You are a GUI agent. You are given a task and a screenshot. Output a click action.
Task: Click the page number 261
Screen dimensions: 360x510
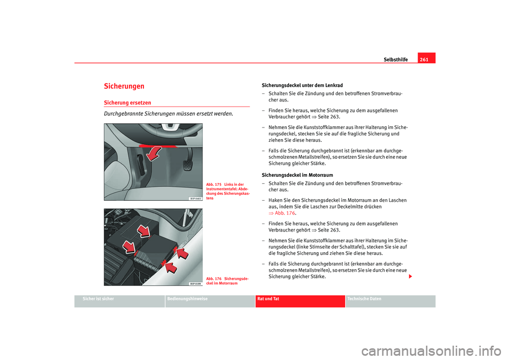[x=426, y=59]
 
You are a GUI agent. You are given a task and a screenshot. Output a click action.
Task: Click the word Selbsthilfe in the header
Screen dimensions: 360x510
[x=395, y=59]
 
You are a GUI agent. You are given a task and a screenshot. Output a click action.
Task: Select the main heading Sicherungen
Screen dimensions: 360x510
[x=124, y=86]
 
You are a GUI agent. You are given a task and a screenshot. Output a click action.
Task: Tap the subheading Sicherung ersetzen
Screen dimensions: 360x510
[x=127, y=102]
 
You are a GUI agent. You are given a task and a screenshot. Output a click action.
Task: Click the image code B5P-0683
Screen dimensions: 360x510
[x=194, y=198]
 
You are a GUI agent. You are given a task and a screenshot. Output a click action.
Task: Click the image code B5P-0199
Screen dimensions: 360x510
[x=194, y=283]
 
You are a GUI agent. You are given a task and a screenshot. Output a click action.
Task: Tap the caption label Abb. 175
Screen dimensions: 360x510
[x=214, y=184]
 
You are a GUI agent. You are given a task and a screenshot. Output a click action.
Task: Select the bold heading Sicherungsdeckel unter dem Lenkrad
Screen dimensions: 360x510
[x=302, y=85]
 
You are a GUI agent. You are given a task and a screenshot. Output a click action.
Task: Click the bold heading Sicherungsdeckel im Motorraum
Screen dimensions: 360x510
[x=297, y=175]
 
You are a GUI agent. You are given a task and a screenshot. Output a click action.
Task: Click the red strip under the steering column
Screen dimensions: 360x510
[x=158, y=145]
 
